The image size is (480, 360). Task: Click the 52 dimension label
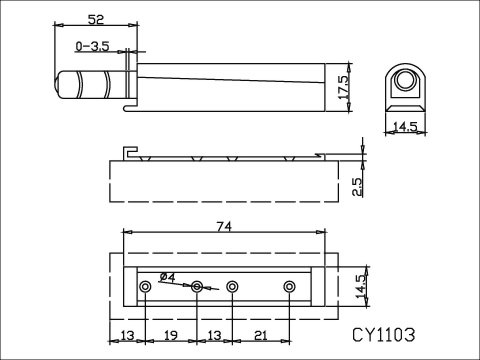pyautogui.click(x=96, y=19)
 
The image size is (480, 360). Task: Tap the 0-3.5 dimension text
pyautogui.click(x=92, y=46)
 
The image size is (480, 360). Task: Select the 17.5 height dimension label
pyautogui.click(x=343, y=87)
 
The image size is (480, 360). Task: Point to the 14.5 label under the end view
pyautogui.click(x=405, y=126)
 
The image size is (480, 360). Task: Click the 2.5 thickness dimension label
pyautogui.click(x=356, y=187)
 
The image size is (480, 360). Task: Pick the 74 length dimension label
pyautogui.click(x=224, y=227)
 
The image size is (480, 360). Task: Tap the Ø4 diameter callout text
pyautogui.click(x=168, y=277)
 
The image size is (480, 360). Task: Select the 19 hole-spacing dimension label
pyautogui.click(x=171, y=335)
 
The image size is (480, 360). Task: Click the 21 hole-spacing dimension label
pyautogui.click(x=260, y=335)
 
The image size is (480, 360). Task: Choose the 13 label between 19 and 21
pyautogui.click(x=214, y=335)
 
